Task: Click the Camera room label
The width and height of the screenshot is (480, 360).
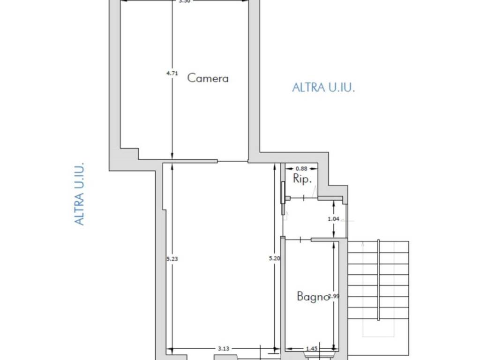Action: pos(208,78)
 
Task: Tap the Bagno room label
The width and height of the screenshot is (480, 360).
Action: pos(312,297)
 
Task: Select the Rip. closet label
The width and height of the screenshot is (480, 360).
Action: pos(302,179)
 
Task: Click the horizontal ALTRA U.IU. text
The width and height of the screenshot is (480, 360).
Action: pos(323,87)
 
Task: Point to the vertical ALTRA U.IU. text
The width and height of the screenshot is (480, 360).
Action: pos(80,193)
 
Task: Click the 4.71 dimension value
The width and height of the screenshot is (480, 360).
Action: pos(172,73)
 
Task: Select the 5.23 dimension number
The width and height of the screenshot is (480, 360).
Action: pos(172,258)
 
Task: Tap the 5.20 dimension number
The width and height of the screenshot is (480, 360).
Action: pos(275,258)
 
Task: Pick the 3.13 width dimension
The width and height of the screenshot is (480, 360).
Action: pos(223,349)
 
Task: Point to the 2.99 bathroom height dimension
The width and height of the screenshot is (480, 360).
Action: pos(333,296)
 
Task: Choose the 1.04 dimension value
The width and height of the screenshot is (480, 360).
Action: pos(333,218)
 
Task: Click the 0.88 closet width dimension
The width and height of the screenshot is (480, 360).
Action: pos(301,169)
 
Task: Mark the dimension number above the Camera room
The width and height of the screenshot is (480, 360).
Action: pos(184,1)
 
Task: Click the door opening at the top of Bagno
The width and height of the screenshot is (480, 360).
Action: pos(298,240)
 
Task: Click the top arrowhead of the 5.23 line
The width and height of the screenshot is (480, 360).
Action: pos(172,165)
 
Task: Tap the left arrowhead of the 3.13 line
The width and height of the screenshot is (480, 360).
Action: pos(170,349)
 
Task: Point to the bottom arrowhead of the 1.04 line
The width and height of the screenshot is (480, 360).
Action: pos(333,236)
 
